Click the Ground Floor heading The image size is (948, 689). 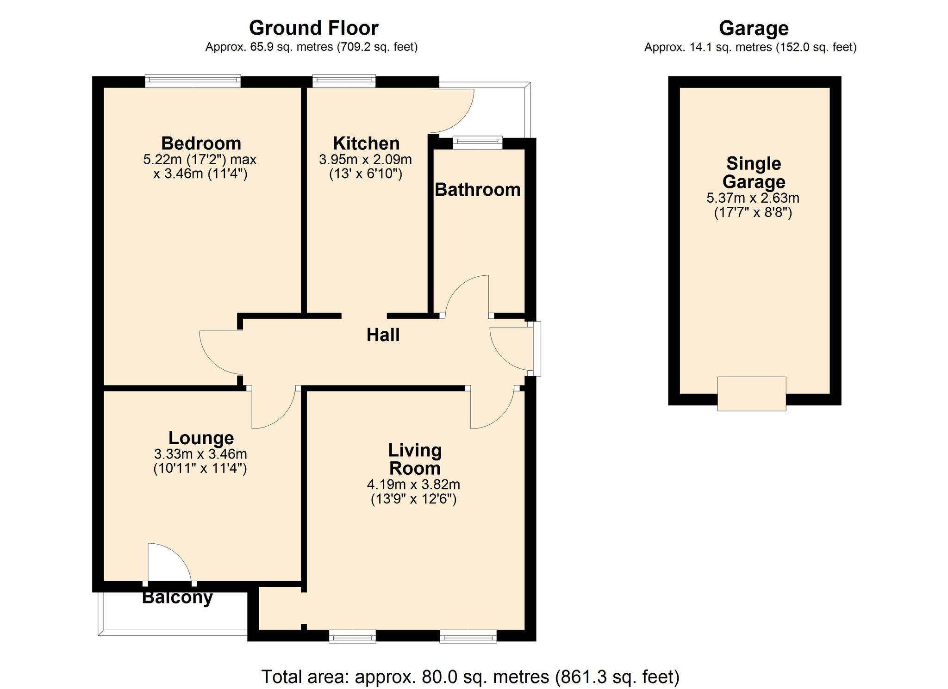click(x=313, y=28)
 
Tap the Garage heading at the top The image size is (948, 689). click(x=754, y=29)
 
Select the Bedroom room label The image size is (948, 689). click(x=201, y=143)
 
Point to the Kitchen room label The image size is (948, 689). click(x=366, y=143)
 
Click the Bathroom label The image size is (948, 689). click(x=478, y=190)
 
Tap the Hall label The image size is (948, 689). click(x=383, y=335)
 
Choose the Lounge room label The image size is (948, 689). click(x=201, y=438)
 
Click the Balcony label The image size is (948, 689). click(x=177, y=597)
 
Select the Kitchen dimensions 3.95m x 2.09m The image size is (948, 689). click(x=365, y=160)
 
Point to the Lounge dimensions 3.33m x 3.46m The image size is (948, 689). click(x=200, y=454)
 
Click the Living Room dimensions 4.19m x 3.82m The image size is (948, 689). click(x=413, y=484)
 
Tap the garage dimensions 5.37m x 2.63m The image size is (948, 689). click(x=753, y=198)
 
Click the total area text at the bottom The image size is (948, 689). click(x=470, y=677)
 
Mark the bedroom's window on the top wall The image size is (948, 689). click(x=193, y=81)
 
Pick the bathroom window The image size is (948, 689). click(x=477, y=143)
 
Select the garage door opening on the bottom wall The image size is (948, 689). click(x=751, y=394)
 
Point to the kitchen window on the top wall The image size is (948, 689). click(x=344, y=81)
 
